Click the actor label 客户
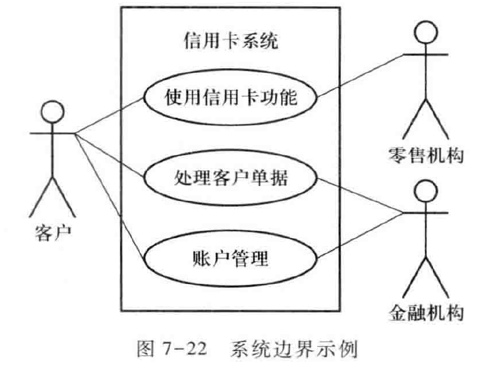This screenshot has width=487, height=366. tap(53, 234)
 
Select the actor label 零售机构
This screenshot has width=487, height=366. tap(426, 155)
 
